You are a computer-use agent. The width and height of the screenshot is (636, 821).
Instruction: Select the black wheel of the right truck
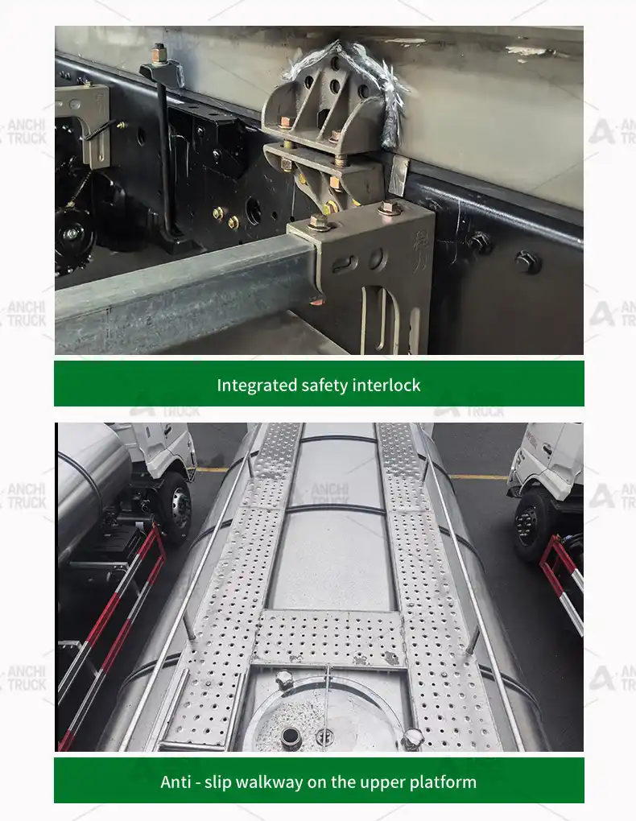528,524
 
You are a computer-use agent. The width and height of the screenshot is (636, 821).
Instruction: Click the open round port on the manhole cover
290,737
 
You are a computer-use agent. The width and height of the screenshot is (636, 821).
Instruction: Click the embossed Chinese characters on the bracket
420,251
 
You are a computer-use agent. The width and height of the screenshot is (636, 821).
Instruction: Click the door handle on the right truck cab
547,448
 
